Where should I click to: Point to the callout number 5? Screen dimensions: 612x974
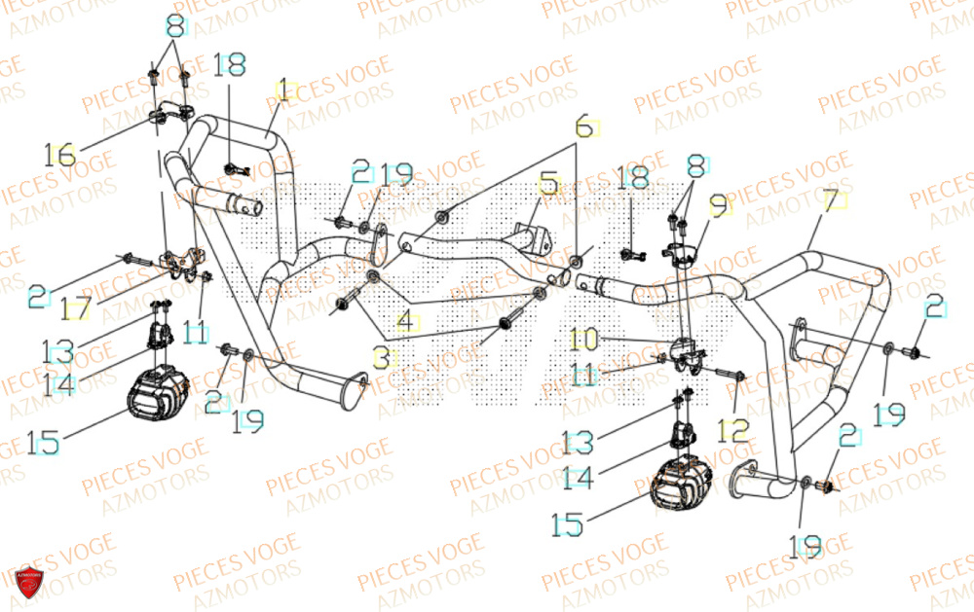point(549,183)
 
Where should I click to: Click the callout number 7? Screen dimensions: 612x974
point(831,203)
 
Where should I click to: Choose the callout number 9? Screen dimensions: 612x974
point(718,206)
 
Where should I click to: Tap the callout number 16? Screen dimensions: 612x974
point(59,154)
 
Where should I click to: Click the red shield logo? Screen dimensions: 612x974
point(29,582)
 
